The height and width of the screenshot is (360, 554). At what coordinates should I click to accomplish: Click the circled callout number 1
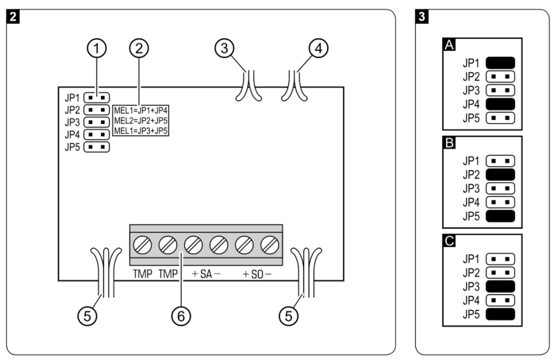point(97,48)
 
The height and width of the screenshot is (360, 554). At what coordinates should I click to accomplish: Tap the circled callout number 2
point(139,48)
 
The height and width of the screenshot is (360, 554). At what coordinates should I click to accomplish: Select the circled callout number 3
point(224,48)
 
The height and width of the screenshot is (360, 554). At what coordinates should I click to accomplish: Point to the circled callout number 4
point(319,48)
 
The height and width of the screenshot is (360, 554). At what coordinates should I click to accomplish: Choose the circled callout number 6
point(181,316)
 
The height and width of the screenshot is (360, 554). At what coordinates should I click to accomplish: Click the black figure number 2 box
point(13,17)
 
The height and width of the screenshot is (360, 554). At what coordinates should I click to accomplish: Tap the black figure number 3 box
point(422,17)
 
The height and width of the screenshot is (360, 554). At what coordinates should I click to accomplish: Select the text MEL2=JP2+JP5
point(141,121)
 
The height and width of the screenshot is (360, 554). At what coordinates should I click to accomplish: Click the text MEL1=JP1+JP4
point(141,110)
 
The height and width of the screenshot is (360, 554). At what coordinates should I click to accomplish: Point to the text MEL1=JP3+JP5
point(141,131)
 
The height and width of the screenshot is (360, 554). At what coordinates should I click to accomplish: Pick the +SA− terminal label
point(206,274)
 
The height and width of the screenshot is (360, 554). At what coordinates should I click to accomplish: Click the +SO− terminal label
point(257,274)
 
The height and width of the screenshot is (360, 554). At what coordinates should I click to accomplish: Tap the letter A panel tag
point(449,44)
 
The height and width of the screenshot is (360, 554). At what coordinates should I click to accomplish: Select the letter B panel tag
point(449,143)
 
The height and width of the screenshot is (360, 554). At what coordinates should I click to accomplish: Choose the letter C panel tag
point(449,240)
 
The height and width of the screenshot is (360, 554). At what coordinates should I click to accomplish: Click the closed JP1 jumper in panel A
point(500,63)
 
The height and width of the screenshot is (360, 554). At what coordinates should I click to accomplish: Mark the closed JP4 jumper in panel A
point(500,104)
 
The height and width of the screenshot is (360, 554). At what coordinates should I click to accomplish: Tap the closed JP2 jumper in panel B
point(500,174)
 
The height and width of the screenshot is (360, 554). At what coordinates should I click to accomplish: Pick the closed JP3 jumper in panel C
point(500,286)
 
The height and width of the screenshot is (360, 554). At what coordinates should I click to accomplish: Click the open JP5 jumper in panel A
point(500,118)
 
